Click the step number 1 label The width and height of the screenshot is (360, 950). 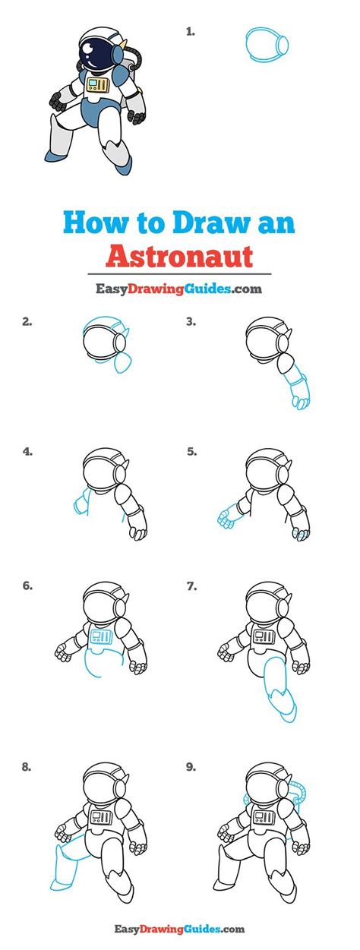coord(190,32)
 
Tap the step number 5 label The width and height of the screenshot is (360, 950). coord(191,451)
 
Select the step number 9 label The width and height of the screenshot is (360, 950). coord(191,767)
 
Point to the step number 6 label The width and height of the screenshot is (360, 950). coord(27,586)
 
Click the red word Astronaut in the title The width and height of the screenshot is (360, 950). coord(179,255)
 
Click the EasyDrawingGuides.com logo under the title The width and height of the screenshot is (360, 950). coord(179,289)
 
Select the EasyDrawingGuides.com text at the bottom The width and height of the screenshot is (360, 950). coord(179,928)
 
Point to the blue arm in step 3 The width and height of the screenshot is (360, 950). coord(296,387)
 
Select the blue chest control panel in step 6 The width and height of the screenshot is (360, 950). coord(99,636)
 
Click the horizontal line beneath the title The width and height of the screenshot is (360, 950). coord(179,273)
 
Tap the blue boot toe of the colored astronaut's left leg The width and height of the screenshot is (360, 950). coord(53,156)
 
